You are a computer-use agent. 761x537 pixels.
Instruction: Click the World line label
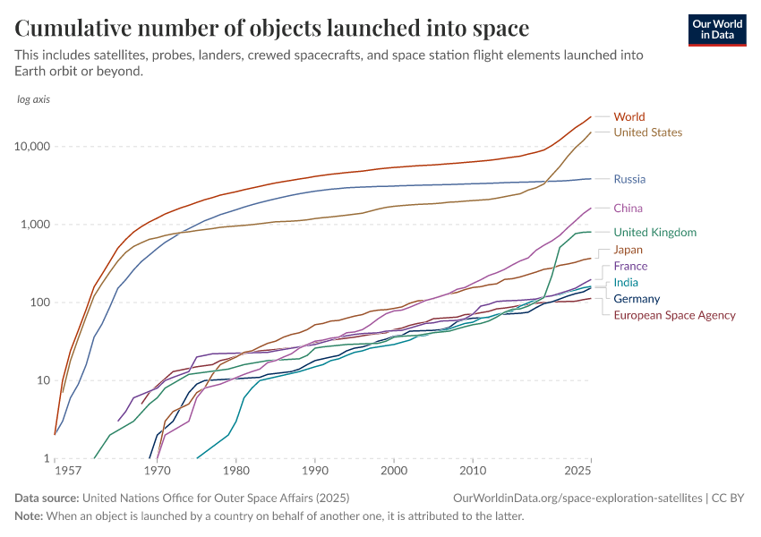629,116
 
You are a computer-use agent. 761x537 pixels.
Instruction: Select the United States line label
647,132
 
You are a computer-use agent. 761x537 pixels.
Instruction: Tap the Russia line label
629,179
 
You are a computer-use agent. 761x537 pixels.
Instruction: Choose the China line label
628,209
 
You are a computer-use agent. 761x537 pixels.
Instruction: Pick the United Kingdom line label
654,233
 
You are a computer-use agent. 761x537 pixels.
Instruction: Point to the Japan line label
629,251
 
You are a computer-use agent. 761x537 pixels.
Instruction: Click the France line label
630,267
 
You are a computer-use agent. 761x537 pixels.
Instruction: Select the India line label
627,283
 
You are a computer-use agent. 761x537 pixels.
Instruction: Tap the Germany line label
637,299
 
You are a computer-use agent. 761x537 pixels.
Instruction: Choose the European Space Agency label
674,315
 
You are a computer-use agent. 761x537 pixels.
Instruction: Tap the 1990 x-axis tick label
314,470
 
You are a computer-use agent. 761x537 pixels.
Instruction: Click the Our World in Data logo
717,30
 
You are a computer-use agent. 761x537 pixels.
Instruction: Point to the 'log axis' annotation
34,98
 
